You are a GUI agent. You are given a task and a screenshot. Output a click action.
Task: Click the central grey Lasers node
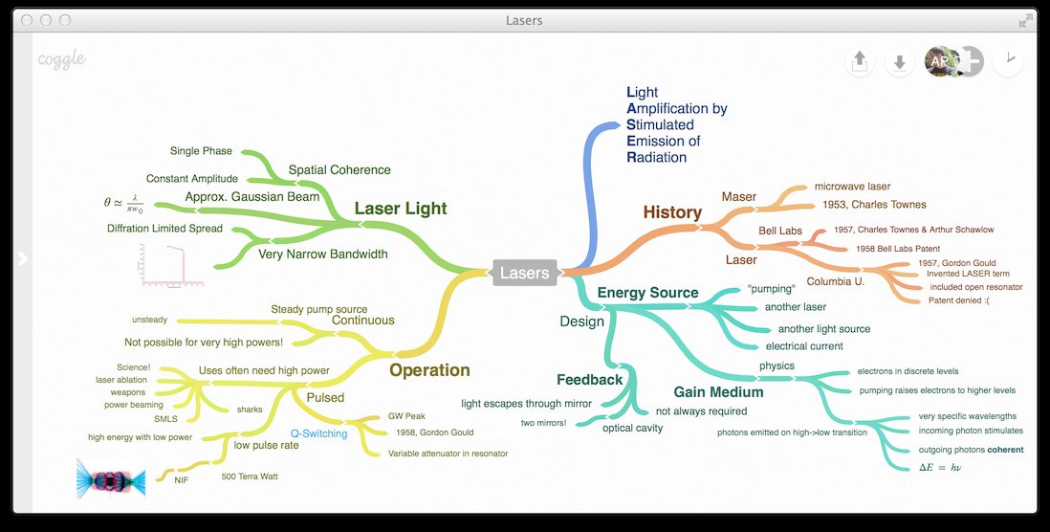point(525,273)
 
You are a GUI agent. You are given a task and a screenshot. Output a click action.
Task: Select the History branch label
point(672,212)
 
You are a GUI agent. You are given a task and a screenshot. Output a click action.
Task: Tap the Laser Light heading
point(401,209)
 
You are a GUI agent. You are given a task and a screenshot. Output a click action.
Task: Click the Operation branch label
point(429,370)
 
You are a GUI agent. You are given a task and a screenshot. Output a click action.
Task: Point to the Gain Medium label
point(718,392)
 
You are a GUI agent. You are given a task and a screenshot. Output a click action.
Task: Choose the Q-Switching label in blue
point(319,432)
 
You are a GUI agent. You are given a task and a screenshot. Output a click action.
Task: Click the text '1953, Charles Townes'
point(874,205)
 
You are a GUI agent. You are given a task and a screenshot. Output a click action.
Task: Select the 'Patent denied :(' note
point(959,300)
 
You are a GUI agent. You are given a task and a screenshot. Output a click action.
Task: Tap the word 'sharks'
point(250,410)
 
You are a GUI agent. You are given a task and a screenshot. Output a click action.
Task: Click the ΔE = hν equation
point(940,467)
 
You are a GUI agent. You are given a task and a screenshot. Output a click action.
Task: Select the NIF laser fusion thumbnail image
point(110,477)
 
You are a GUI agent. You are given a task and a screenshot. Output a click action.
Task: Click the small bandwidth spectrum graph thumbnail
point(170,265)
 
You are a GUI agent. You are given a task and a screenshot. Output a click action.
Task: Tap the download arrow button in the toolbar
point(899,62)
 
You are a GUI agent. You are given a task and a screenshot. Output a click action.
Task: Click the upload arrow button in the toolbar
point(860,62)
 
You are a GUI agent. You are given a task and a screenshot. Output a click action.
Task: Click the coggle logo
point(62,59)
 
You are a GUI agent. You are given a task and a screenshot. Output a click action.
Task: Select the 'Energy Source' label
point(647,293)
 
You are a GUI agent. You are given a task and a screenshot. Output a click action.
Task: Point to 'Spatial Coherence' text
point(339,170)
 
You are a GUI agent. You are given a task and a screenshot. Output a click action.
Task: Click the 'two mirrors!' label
point(543,423)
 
